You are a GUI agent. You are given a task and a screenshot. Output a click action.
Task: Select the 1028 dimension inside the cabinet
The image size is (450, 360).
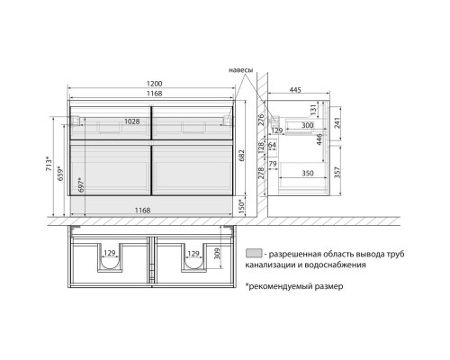[133, 121]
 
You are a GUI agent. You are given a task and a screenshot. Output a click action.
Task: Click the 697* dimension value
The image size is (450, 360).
[80, 184]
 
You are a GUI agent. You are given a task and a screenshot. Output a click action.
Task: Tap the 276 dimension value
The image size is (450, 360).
[257, 119]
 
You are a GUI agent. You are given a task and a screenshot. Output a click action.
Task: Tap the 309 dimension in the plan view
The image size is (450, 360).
[217, 259]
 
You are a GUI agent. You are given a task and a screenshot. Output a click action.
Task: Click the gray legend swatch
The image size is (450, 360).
[252, 254]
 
